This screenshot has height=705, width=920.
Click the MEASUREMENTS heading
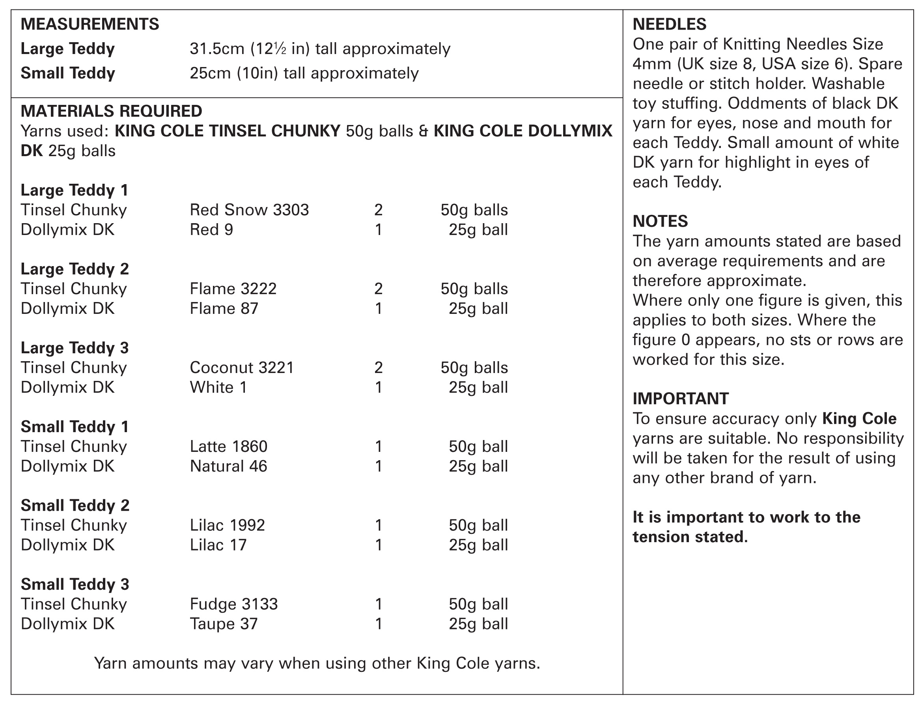coord(90,24)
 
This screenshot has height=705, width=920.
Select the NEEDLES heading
coord(670,24)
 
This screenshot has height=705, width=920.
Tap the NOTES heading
coord(660,221)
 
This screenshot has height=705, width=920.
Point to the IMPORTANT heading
coord(680,399)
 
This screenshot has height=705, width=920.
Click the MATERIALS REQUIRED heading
coord(111,111)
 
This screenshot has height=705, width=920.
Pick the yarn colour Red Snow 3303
coord(249,210)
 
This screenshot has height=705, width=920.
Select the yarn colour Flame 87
coord(224,308)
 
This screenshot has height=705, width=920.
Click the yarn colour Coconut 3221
coord(242,367)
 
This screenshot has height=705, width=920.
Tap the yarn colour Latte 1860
coord(228,446)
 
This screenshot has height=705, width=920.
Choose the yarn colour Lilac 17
coord(218,545)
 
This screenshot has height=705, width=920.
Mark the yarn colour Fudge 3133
coord(234,604)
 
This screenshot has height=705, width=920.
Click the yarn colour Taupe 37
coord(224,624)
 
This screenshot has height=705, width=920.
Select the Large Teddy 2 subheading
coord(75,269)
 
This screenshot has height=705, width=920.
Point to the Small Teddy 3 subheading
coord(75,585)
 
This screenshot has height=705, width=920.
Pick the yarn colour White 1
coord(218,387)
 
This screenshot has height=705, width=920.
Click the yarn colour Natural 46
coord(228,466)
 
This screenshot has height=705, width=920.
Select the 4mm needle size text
coord(652,64)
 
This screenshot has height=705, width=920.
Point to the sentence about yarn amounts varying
coord(317,664)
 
